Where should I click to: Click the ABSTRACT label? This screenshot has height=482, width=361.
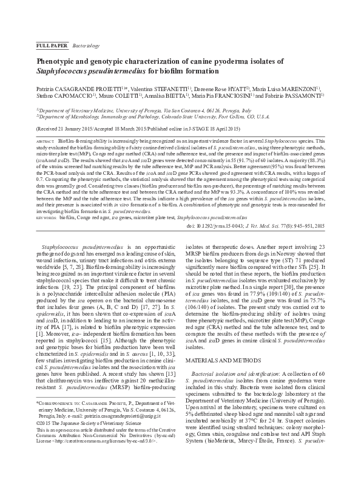click(46, 141)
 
